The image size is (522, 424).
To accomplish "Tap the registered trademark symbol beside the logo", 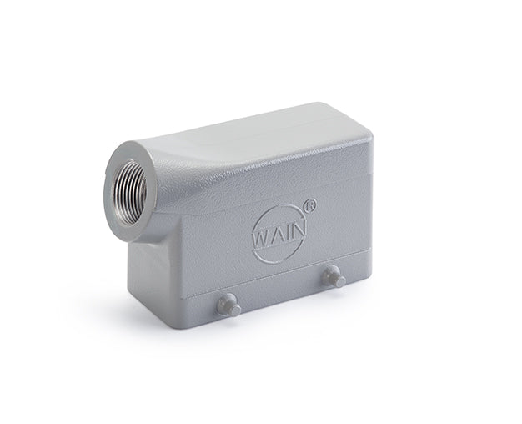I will click(310, 201).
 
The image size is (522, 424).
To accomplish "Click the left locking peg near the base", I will click(228, 305).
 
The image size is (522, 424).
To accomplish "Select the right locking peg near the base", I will click(334, 276).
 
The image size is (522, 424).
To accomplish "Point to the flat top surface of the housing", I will click(275, 134).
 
